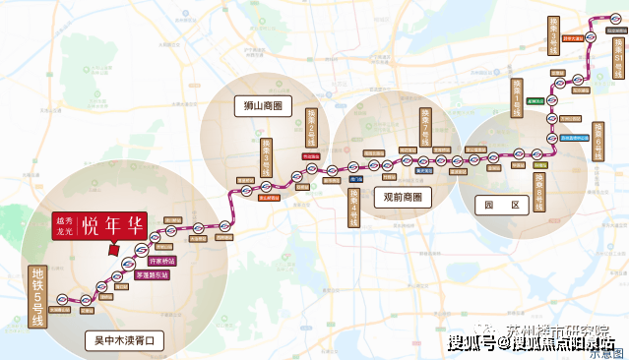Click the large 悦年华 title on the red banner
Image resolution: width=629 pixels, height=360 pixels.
(114, 225)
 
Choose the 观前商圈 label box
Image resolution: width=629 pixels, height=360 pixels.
(402, 197)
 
